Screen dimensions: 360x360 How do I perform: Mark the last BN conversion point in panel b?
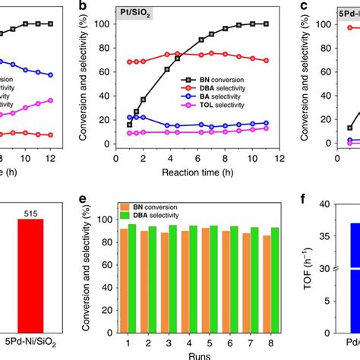[265, 24]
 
